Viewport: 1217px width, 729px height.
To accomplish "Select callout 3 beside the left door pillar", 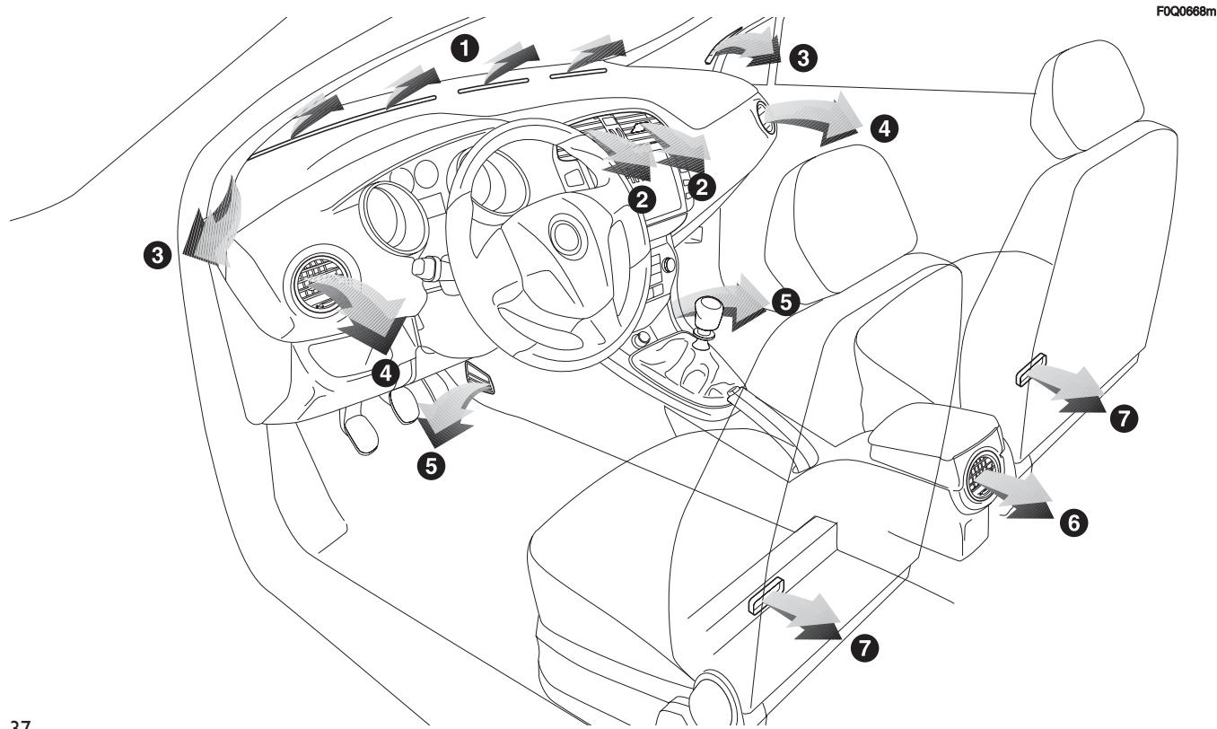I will click(x=160, y=256).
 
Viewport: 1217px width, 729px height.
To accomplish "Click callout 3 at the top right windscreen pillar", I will click(x=801, y=57).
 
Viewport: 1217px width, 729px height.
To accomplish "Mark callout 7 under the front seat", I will click(x=864, y=649).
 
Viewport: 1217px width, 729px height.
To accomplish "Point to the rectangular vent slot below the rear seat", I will click(x=1029, y=370).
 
